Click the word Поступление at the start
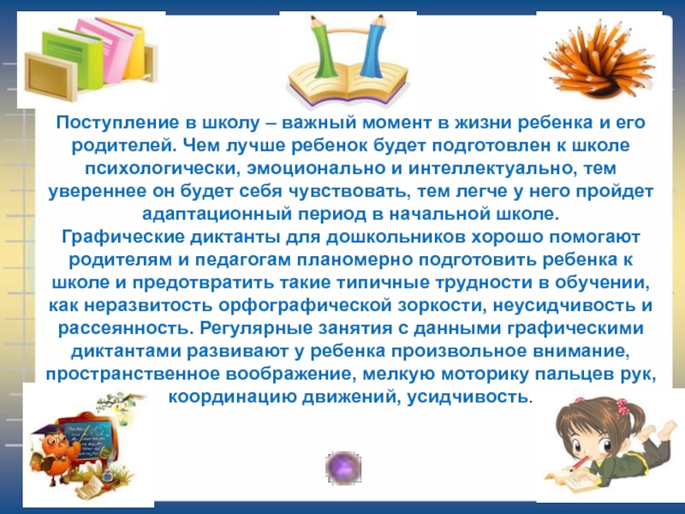coord(101,124)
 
